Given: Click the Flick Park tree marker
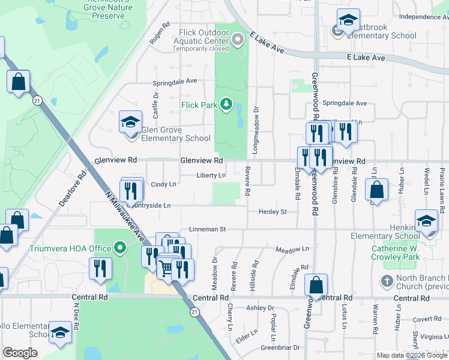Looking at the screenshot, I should click(x=226, y=105).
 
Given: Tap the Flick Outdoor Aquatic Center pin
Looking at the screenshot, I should click(x=238, y=40).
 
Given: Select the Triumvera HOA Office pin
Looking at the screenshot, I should click(x=120, y=247).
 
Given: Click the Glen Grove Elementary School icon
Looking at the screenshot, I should click(x=130, y=123).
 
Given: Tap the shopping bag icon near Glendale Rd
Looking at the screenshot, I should click(x=376, y=191).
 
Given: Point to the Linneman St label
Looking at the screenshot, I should click(x=207, y=229).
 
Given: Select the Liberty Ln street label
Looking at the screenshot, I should click(x=211, y=176).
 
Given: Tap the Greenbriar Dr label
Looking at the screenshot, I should click(x=280, y=347).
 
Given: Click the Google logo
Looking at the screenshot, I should click(x=20, y=353).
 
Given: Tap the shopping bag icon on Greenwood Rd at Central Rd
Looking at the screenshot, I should click(x=316, y=286).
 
